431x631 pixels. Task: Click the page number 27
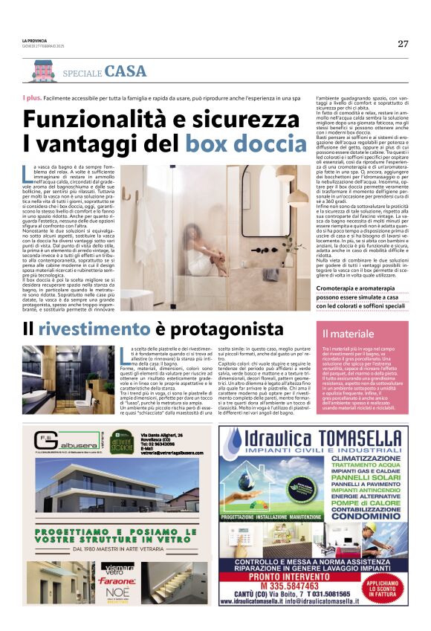(x=403, y=43)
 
